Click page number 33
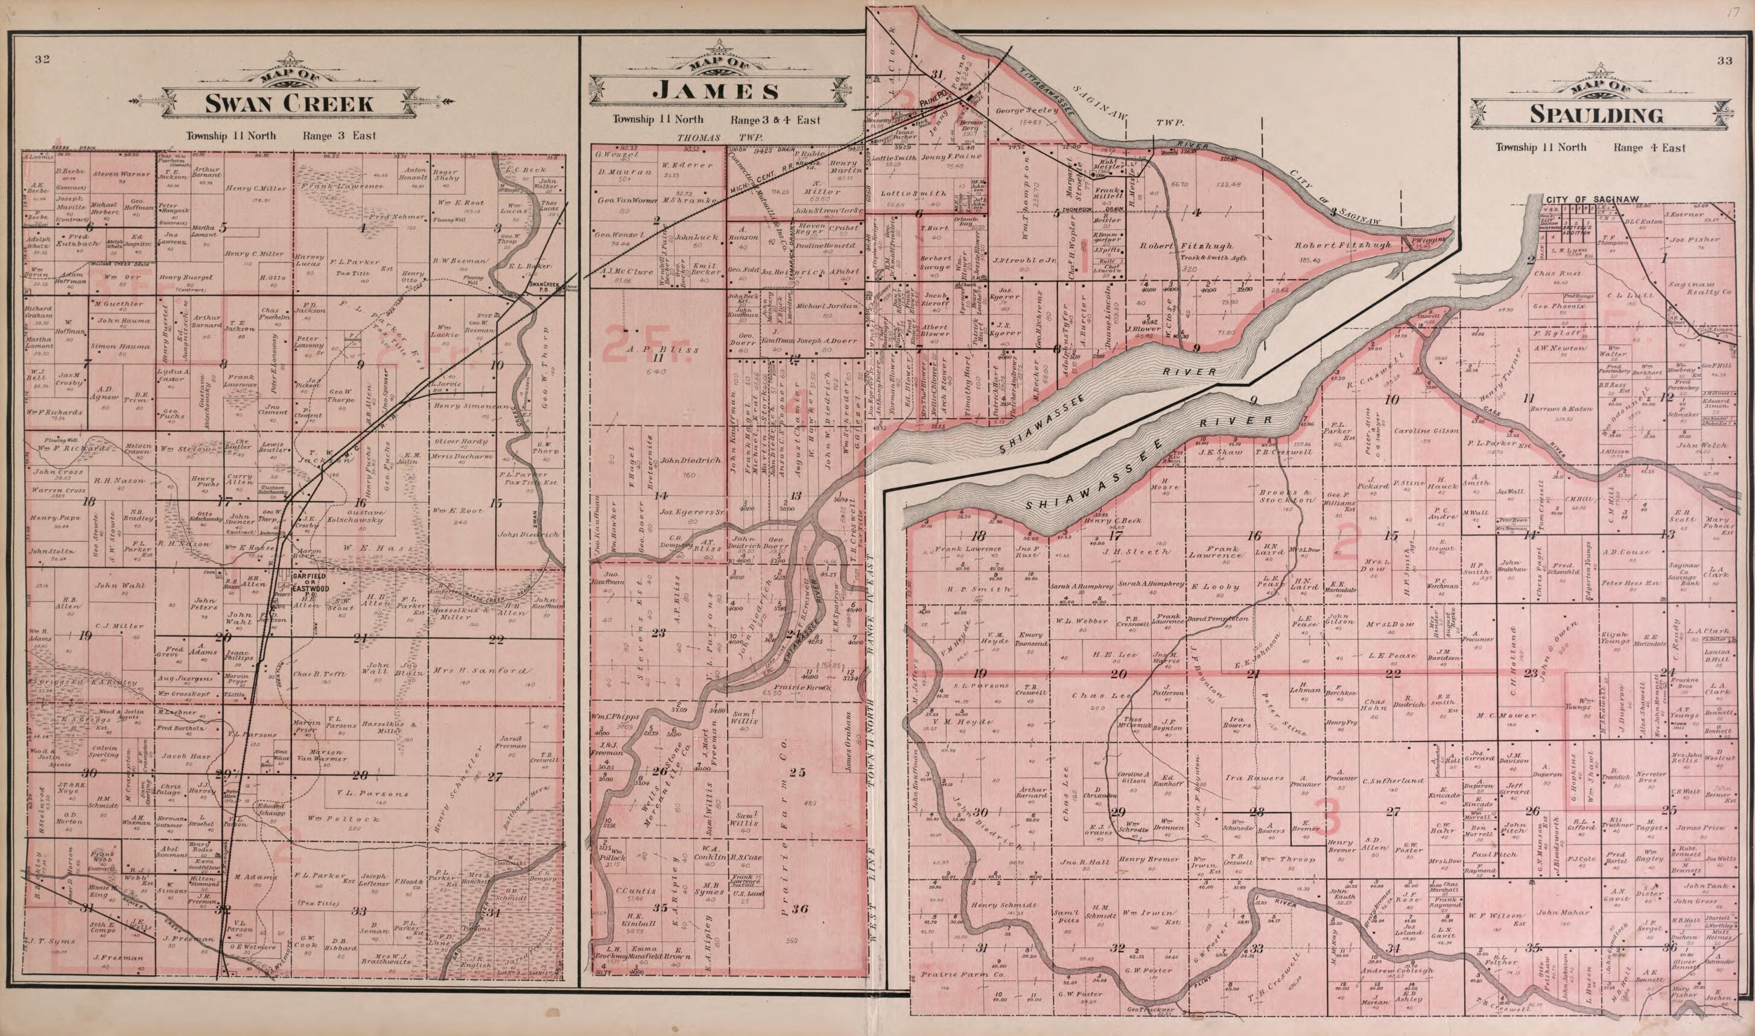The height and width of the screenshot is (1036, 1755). click(x=1724, y=61)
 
